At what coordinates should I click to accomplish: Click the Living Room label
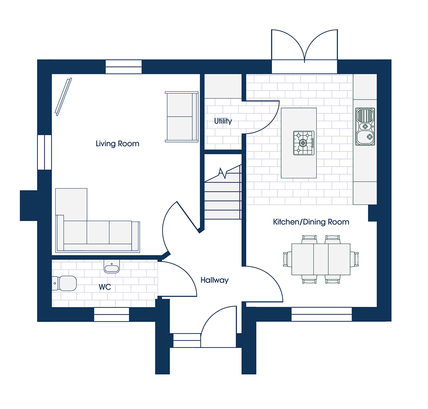coord(117,144)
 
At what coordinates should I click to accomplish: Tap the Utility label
coord(223,121)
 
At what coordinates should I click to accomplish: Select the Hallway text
coord(215,280)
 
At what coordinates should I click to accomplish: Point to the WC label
coord(105,287)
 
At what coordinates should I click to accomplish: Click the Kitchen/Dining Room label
coord(311,222)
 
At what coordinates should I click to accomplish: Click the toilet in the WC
coord(64,283)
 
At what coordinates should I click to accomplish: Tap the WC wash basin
coord(112,266)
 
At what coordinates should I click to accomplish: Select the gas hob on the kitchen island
coord(303,143)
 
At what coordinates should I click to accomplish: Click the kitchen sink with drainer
coord(365,126)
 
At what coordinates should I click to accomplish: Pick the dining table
coord(321,259)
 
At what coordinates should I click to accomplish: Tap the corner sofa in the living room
coord(98,220)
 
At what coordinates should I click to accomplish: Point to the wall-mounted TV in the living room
coord(63,97)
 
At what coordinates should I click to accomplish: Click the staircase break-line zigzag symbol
coord(223,173)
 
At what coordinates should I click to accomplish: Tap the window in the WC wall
coord(111,314)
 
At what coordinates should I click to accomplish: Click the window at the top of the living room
coord(124,67)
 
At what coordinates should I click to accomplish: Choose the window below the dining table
coord(322,314)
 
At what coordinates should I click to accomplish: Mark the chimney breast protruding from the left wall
coord(29,206)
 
